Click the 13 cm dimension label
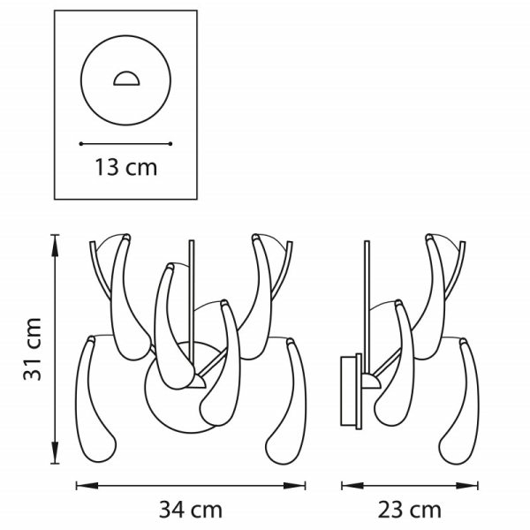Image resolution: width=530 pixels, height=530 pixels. point(125,167)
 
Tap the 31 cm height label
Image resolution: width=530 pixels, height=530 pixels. point(33,349)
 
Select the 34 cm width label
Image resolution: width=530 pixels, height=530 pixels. point(191,510)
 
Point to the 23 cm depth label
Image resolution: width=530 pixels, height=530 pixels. point(410,510)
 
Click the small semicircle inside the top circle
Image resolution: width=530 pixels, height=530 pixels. point(126,79)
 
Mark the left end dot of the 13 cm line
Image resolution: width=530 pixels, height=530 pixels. point(81,144)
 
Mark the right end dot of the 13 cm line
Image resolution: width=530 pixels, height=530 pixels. point(170,144)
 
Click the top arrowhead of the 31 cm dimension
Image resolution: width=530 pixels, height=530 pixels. point(55,245)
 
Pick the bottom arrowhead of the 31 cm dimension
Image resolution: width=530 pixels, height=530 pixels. point(55,452)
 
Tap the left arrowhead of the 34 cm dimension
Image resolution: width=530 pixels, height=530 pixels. point(87,486)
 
